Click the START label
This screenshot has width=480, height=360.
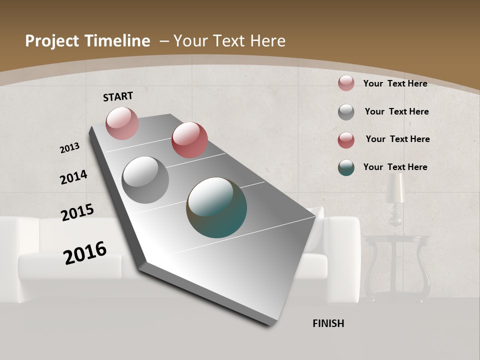coord(118,96)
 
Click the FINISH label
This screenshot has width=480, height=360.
coord(328,323)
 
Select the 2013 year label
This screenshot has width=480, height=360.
coord(69,148)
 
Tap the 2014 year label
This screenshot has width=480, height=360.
coord(73,177)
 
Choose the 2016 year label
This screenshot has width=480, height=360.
coord(85,253)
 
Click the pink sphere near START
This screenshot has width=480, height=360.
coord(122,123)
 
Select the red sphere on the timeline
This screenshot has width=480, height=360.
coord(189,140)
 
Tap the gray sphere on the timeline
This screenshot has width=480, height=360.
coord(145,180)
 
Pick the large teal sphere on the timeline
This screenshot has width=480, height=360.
coord(216,207)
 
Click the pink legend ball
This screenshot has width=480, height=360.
coord(346,83)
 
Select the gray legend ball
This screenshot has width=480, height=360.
coord(346,112)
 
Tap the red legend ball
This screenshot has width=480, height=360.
coord(346,140)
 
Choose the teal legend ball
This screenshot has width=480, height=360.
coord(346,167)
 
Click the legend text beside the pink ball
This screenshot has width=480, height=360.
coord(395,83)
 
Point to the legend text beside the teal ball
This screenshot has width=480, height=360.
coord(395,167)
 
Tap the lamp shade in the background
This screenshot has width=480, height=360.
coord(395,189)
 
